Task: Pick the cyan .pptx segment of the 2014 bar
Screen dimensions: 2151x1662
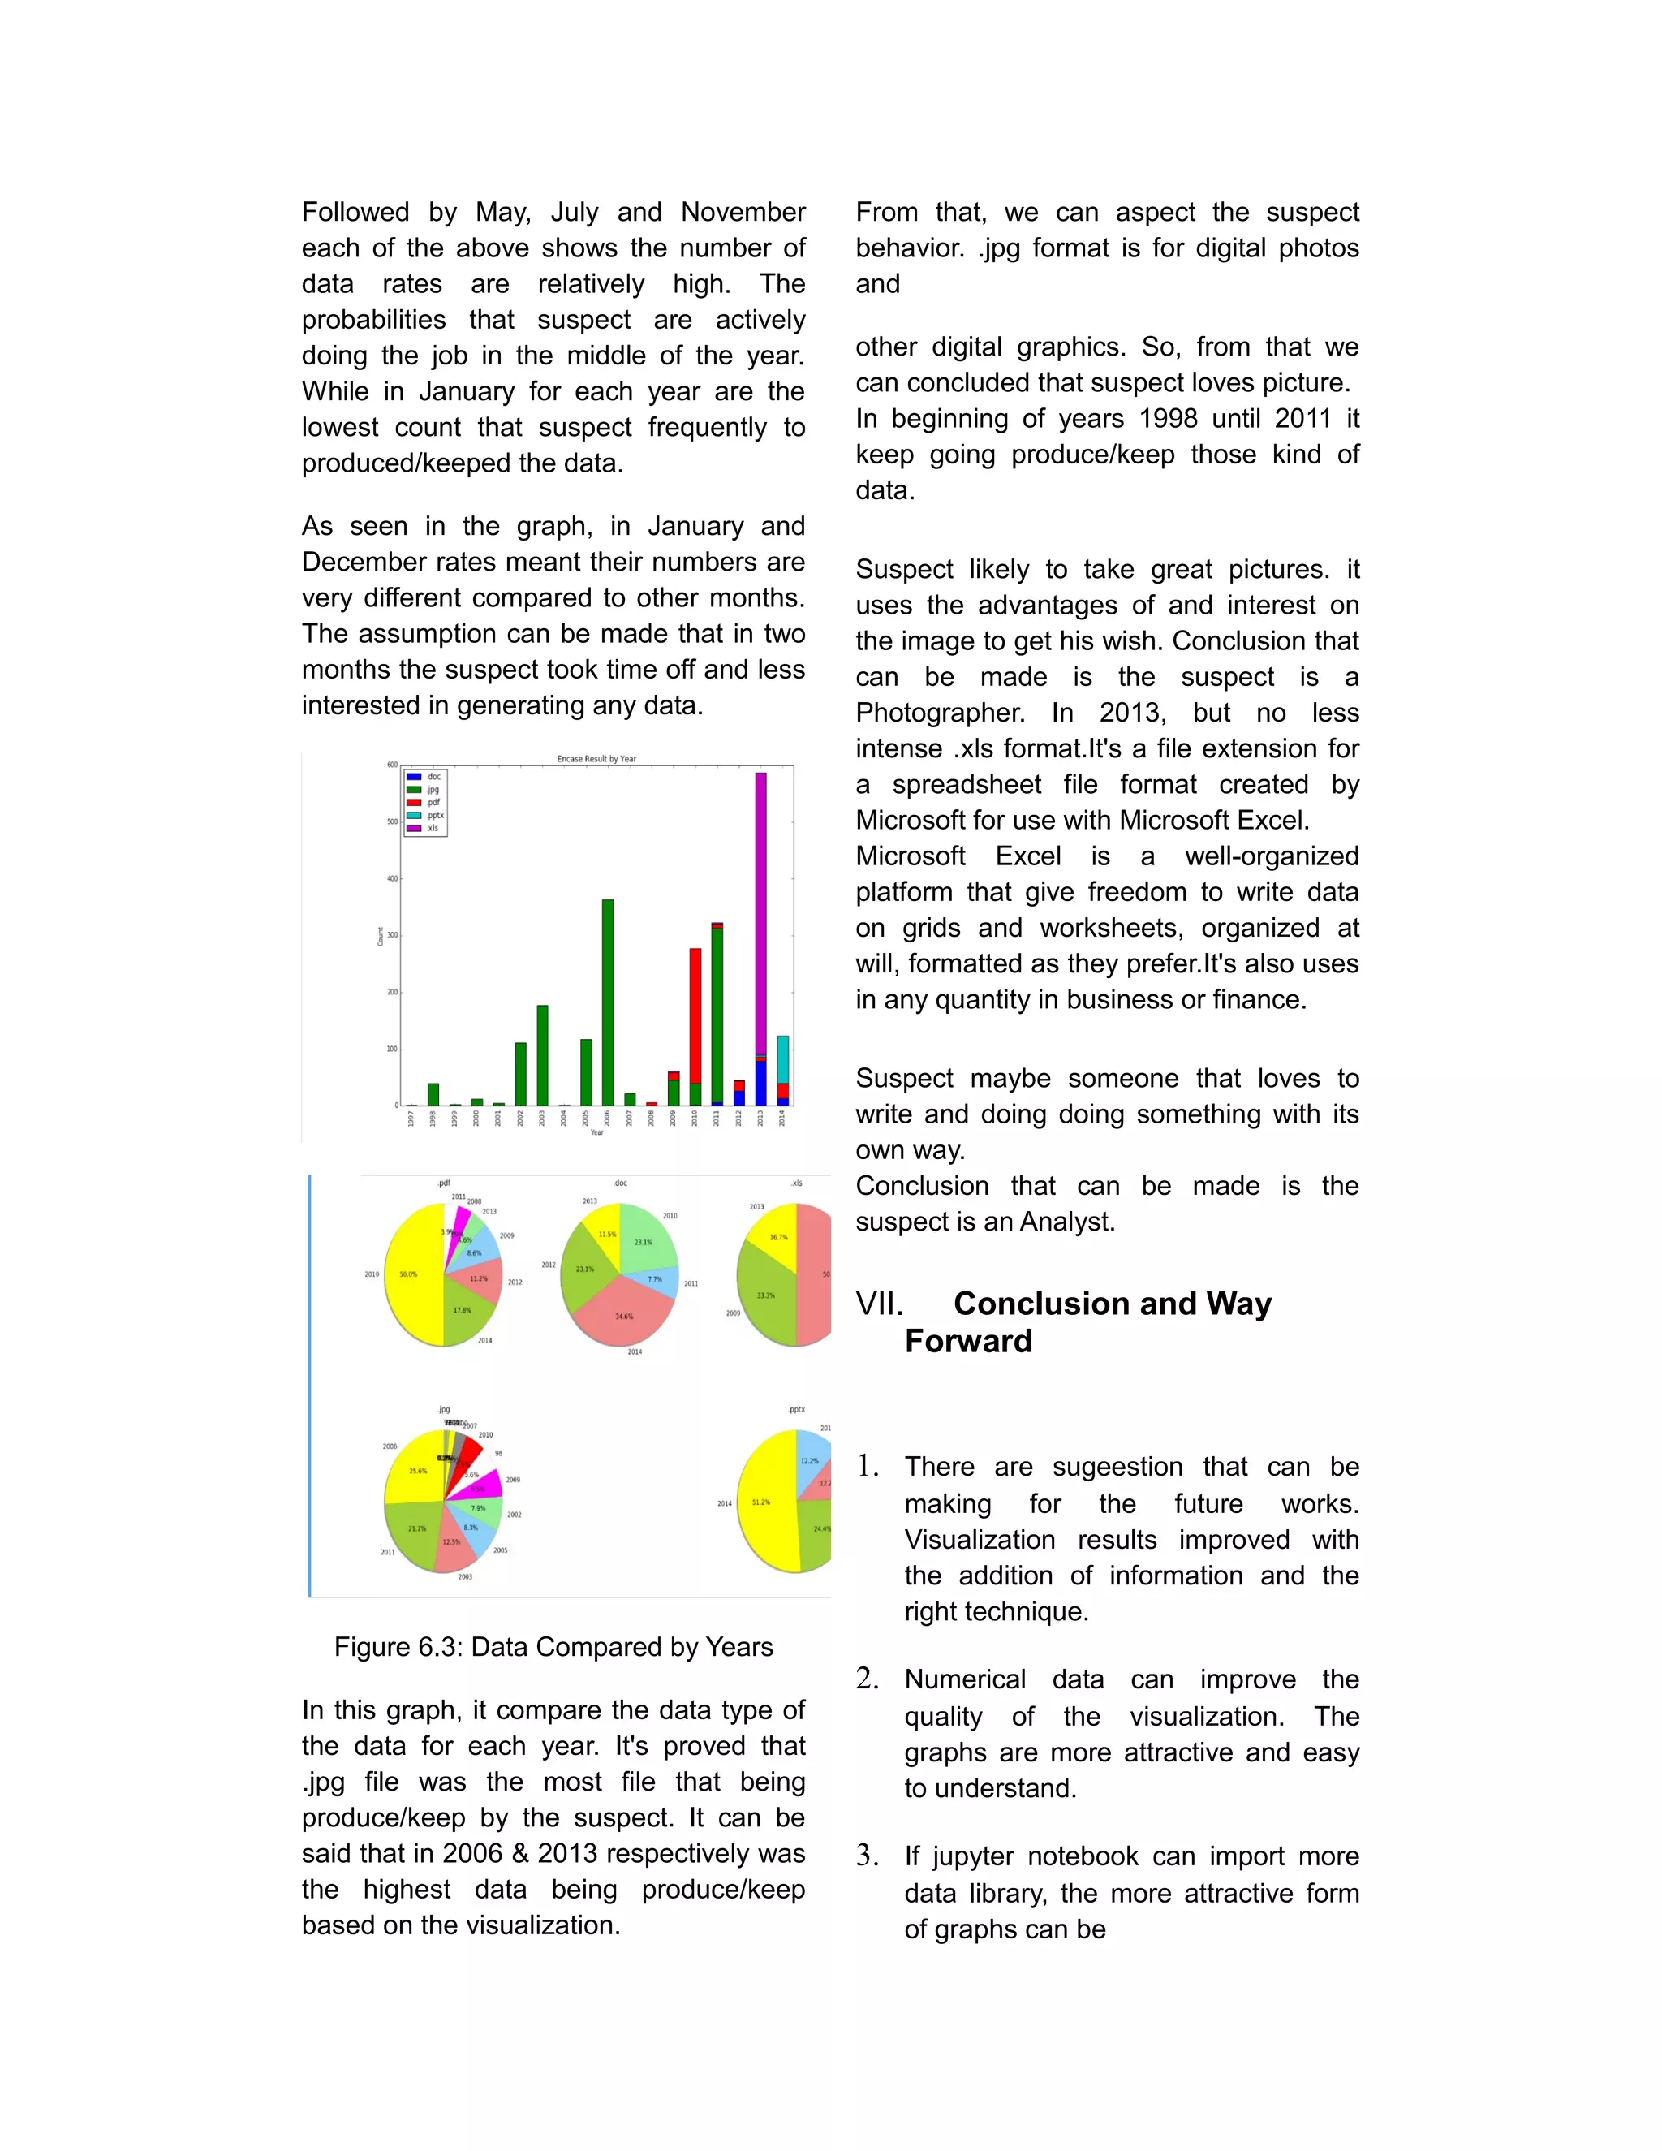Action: [x=783, y=1058]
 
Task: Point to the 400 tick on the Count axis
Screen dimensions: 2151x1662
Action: [x=393, y=878]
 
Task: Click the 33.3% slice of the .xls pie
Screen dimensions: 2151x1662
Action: [x=765, y=1295]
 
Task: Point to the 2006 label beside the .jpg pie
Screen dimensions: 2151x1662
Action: [x=390, y=1446]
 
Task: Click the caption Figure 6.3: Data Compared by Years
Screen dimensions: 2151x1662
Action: [x=553, y=1648]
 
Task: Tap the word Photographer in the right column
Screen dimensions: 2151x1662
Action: [x=939, y=713]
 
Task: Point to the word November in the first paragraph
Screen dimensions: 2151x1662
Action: [x=743, y=213]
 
